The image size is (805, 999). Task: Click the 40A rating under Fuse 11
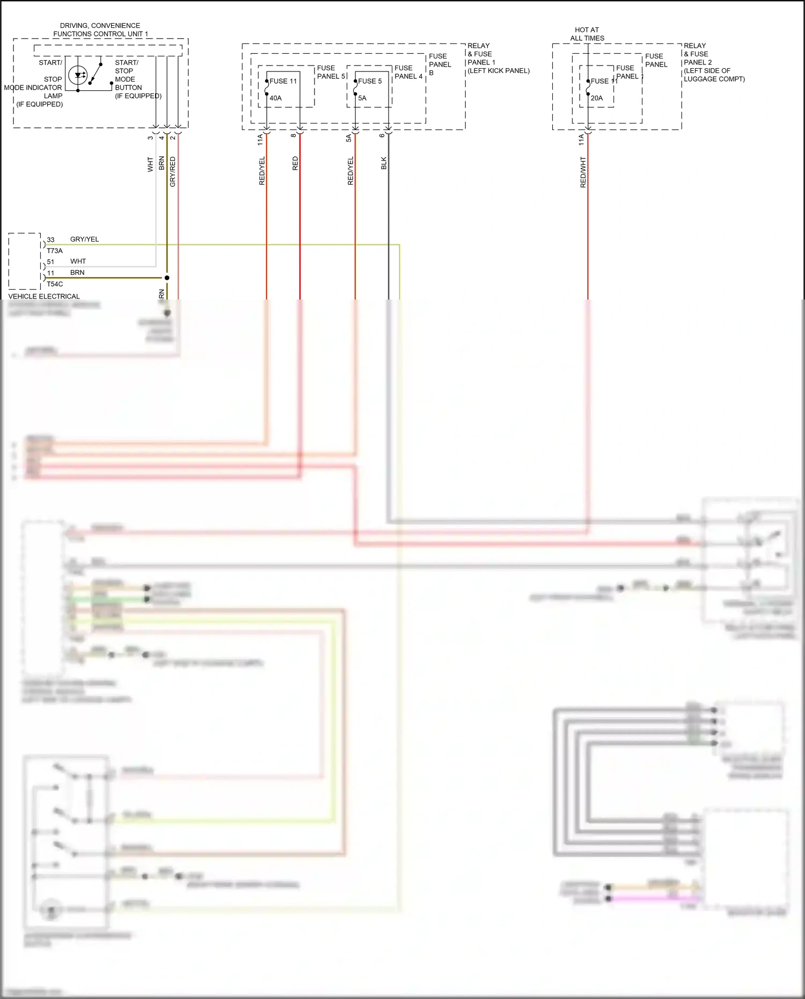(275, 98)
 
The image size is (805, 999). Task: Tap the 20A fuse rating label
(597, 98)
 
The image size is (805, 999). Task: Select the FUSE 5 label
(370, 81)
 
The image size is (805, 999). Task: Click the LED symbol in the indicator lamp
(79, 75)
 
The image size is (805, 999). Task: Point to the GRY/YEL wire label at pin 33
(84, 239)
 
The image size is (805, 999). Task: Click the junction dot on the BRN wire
(167, 278)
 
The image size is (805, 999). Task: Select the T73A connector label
(55, 251)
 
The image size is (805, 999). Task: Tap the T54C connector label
(55, 284)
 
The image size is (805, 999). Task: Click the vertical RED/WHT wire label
(583, 172)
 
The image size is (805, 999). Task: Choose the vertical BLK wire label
(384, 164)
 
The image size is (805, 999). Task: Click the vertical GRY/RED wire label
(172, 172)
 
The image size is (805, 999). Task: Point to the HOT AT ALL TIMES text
(587, 34)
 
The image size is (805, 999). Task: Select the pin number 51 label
(50, 262)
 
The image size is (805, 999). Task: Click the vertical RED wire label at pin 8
(295, 164)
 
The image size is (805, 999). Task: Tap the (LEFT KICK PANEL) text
(499, 71)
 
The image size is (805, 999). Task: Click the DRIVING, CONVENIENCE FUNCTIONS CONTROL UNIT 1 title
(100, 30)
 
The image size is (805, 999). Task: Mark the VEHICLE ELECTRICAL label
(44, 296)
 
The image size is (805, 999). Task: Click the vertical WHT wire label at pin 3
(150, 164)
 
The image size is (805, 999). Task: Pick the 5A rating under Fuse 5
(362, 98)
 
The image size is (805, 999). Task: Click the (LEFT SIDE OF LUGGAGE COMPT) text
(714, 75)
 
